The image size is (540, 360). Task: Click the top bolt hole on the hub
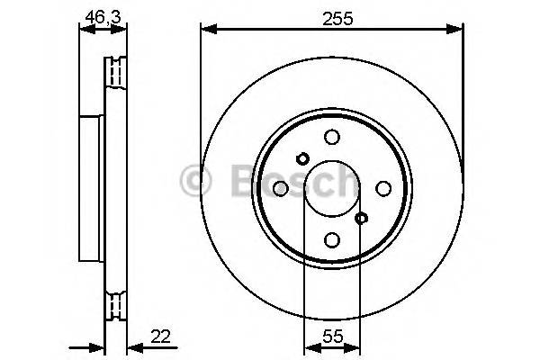[x=332, y=137]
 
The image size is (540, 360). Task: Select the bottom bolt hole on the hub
[x=332, y=239]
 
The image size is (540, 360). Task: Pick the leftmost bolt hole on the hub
[x=281, y=188]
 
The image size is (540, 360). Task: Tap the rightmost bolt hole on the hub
[x=383, y=188]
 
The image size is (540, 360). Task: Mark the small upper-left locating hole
[x=302, y=159]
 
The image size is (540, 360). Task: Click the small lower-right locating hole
[x=362, y=218]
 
